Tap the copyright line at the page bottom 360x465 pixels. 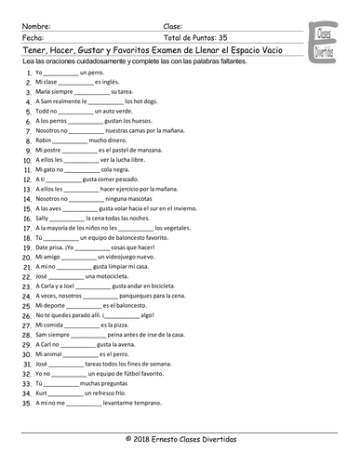[179, 438]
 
